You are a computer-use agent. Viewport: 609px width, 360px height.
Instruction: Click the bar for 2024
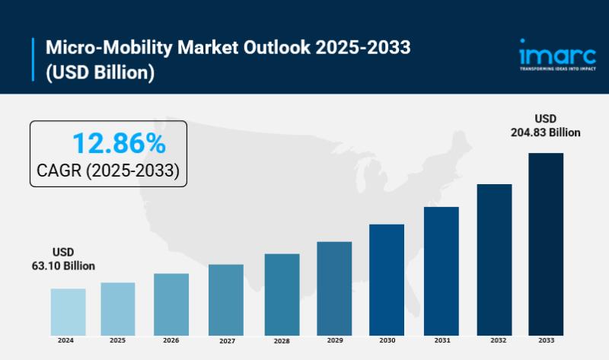pyautogui.click(x=69, y=311)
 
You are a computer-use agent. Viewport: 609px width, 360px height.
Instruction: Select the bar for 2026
pyautogui.click(x=171, y=304)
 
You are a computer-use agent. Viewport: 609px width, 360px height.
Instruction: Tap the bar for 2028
pyautogui.click(x=282, y=294)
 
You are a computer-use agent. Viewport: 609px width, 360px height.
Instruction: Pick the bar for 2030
pyautogui.click(x=387, y=279)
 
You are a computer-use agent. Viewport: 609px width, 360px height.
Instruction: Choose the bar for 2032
pyautogui.click(x=495, y=259)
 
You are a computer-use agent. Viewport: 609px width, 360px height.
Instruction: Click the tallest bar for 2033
pyautogui.click(x=546, y=244)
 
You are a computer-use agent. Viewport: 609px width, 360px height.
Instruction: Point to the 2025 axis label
pyautogui.click(x=118, y=340)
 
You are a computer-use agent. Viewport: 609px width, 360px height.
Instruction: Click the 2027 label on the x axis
pyautogui.click(x=226, y=341)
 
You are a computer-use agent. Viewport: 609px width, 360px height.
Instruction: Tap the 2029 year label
pyautogui.click(x=334, y=340)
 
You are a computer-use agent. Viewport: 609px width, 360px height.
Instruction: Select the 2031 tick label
pyautogui.click(x=442, y=340)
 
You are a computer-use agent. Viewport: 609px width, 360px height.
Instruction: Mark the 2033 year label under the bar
pyautogui.click(x=546, y=340)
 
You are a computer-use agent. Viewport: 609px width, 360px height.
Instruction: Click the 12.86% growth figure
pyautogui.click(x=118, y=143)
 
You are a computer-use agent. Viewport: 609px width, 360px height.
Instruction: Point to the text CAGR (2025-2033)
pyautogui.click(x=108, y=171)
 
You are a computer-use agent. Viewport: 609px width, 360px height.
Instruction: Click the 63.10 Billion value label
pyautogui.click(x=63, y=266)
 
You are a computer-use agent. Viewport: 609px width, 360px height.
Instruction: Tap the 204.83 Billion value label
pyautogui.click(x=545, y=132)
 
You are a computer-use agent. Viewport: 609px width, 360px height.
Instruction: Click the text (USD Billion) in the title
pyautogui.click(x=100, y=72)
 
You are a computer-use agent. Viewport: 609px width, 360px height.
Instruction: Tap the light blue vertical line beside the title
pyautogui.click(x=34, y=60)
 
